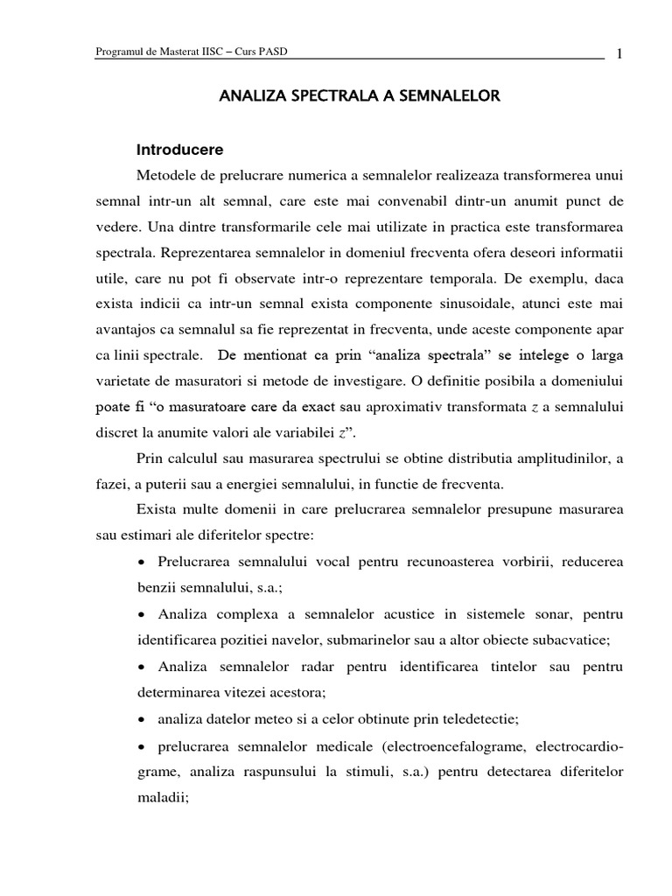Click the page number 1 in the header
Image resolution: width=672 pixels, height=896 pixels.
click(x=619, y=53)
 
